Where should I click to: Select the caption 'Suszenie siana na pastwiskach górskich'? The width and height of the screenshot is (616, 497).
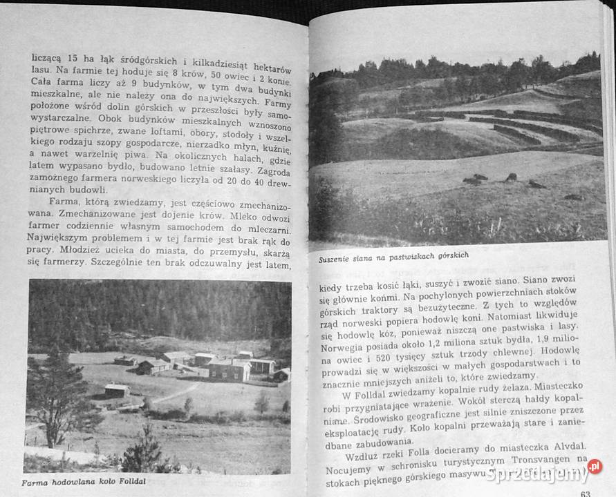(393, 257)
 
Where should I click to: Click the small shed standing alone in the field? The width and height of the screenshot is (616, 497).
(116, 391)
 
